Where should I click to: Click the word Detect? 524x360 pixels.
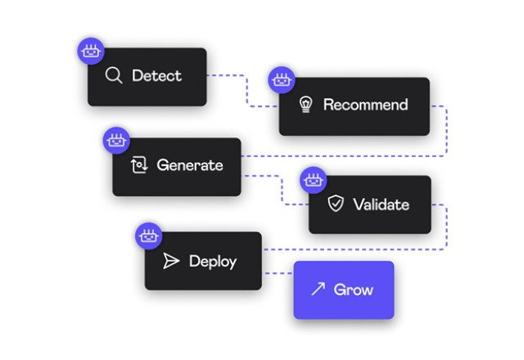(x=156, y=76)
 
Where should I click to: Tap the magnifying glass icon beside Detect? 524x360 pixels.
(x=114, y=76)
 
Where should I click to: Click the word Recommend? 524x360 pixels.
(x=365, y=105)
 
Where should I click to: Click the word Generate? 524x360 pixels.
(x=189, y=165)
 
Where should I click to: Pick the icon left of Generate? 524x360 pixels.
(x=138, y=165)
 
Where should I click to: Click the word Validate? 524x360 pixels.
(x=380, y=204)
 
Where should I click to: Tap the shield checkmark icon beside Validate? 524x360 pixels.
(x=335, y=204)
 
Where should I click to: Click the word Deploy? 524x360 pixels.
(x=212, y=262)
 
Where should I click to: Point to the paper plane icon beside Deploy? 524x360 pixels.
(x=170, y=262)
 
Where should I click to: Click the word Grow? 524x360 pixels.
(x=354, y=290)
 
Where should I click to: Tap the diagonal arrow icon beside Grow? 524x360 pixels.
(x=318, y=290)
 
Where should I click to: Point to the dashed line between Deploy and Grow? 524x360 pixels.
(x=278, y=273)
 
